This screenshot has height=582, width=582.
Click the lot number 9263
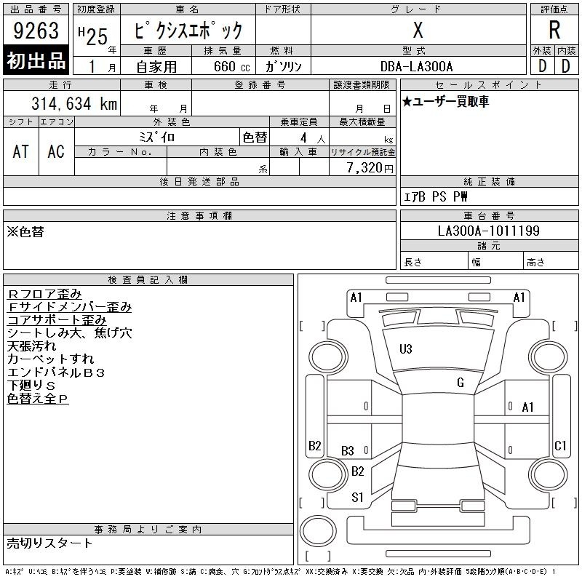coord(36,31)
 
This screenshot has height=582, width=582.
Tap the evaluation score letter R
coord(554,30)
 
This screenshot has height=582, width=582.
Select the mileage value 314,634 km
coord(74,103)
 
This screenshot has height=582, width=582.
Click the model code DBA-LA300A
coord(416,66)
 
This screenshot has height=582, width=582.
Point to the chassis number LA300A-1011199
coord(488,231)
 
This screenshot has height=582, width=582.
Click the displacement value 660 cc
coord(231,66)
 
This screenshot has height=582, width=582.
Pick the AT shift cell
coord(21,151)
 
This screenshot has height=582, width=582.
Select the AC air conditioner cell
coord(56,151)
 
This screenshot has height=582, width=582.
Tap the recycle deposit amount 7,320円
coord(370,168)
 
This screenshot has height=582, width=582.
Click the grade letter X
coord(418,30)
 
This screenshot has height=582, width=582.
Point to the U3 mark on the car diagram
coord(406,349)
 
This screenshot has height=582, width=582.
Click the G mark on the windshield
coord(461,383)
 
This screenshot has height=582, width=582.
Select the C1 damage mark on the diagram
coord(560,445)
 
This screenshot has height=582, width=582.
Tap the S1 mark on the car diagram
coord(357,498)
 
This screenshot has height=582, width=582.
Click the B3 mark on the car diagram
coord(348,451)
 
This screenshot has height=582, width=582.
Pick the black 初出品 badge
coord(36,60)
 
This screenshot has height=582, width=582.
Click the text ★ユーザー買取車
coord(445,101)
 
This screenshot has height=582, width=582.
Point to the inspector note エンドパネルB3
coord(56,372)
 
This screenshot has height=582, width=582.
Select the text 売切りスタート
coord(49,543)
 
